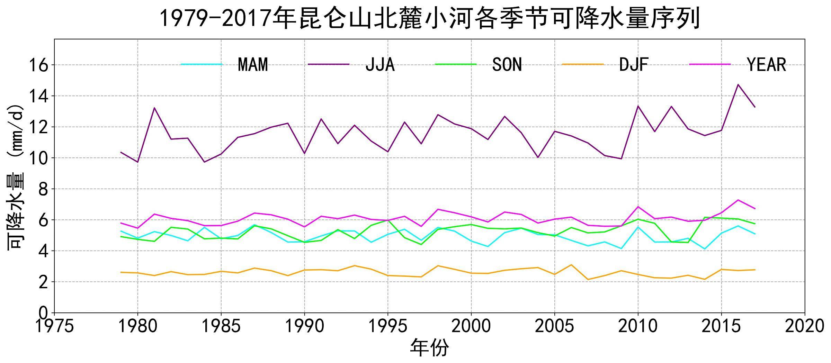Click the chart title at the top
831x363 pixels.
[x=430, y=18]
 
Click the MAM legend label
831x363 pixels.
[x=253, y=64]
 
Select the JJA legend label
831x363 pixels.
[x=380, y=64]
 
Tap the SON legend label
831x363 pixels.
[x=507, y=64]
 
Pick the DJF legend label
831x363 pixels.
[x=634, y=64]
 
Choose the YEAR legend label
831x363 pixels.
[x=766, y=64]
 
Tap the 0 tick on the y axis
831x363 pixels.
[x=44, y=313]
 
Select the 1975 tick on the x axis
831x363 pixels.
[x=55, y=326]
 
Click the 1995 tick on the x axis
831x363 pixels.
[x=388, y=326]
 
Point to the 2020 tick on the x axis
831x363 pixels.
[x=804, y=326]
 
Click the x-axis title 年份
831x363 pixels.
[x=429, y=348]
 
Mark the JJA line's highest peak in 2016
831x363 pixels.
[x=738, y=84]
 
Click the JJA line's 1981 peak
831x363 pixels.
[x=154, y=108]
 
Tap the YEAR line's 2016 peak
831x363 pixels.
[x=738, y=200]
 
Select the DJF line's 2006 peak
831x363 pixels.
[x=571, y=265]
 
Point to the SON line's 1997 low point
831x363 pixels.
[x=421, y=244]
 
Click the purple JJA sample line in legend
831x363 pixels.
[x=329, y=64]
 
